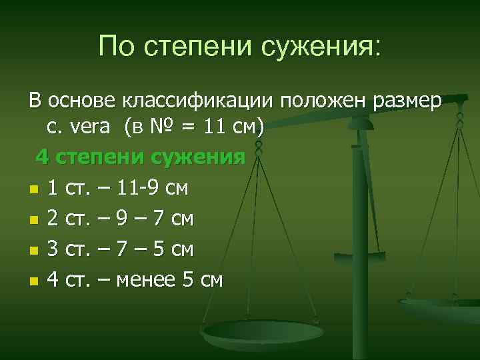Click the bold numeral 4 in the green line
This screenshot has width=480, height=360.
42,158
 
